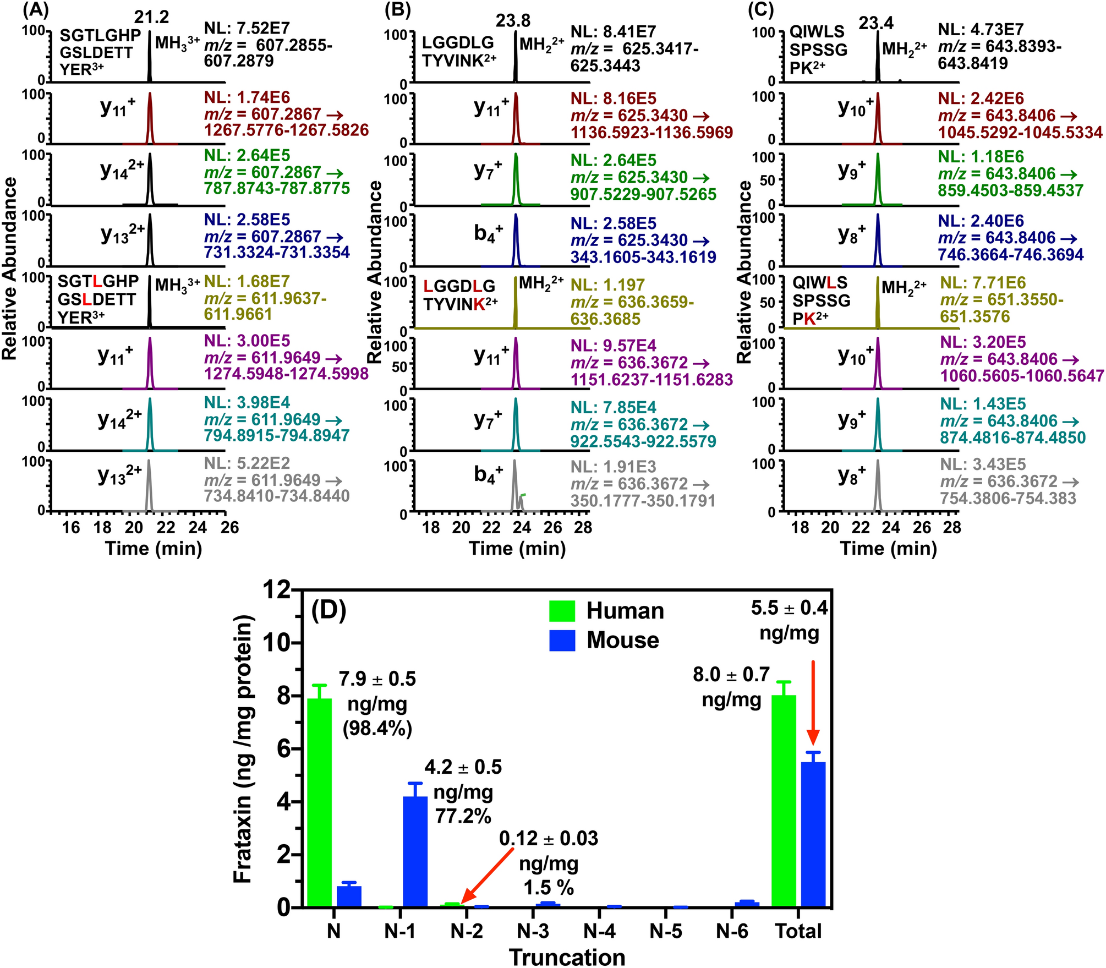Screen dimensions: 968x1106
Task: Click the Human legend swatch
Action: [x=562, y=611]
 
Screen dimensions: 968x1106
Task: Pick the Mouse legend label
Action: [x=622, y=640]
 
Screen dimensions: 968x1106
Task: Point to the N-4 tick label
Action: [x=599, y=931]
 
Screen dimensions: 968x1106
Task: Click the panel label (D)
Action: [x=328, y=611]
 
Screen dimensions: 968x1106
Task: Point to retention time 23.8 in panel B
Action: [x=513, y=21]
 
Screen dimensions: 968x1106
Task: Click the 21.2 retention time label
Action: [x=151, y=17]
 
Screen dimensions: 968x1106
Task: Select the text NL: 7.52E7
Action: [x=247, y=28]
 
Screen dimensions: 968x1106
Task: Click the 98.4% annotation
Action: [x=377, y=729]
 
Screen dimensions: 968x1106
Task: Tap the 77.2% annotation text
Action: [x=463, y=816]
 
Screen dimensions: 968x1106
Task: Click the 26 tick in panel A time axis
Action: [x=229, y=528]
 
